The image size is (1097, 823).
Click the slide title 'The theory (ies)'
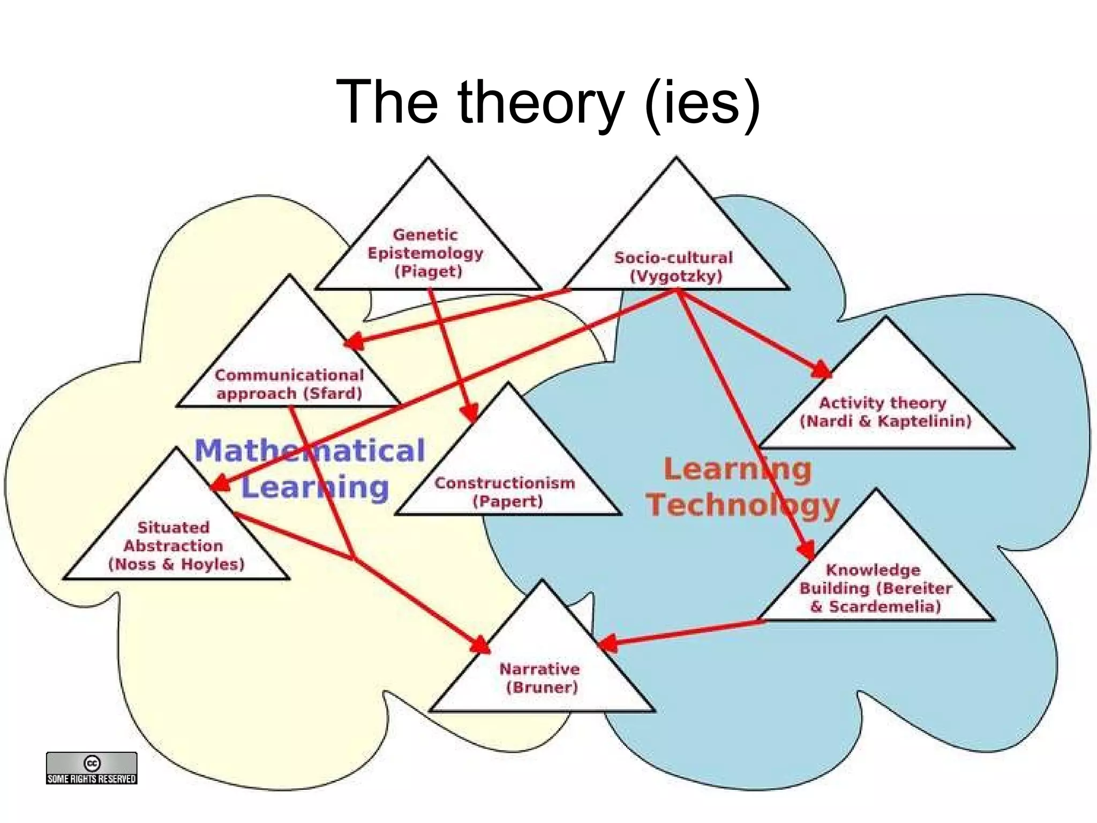point(547,102)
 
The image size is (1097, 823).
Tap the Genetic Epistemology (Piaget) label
point(425,253)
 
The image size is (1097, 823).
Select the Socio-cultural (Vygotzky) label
point(674,267)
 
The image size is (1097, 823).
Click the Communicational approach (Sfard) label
point(289,384)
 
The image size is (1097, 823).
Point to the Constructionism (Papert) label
point(505,492)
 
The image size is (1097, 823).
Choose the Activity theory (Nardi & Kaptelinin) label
point(884,412)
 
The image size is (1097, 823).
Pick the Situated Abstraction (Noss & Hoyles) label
point(175,546)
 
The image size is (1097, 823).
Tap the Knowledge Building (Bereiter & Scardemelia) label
point(875,588)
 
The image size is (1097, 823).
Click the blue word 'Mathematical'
point(310,450)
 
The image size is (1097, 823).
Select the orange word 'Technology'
point(742,505)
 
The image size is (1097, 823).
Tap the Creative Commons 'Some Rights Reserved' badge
point(92,768)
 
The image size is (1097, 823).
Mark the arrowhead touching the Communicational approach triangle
point(354,341)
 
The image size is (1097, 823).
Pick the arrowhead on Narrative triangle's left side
point(480,645)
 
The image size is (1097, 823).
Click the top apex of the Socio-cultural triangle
point(675,158)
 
